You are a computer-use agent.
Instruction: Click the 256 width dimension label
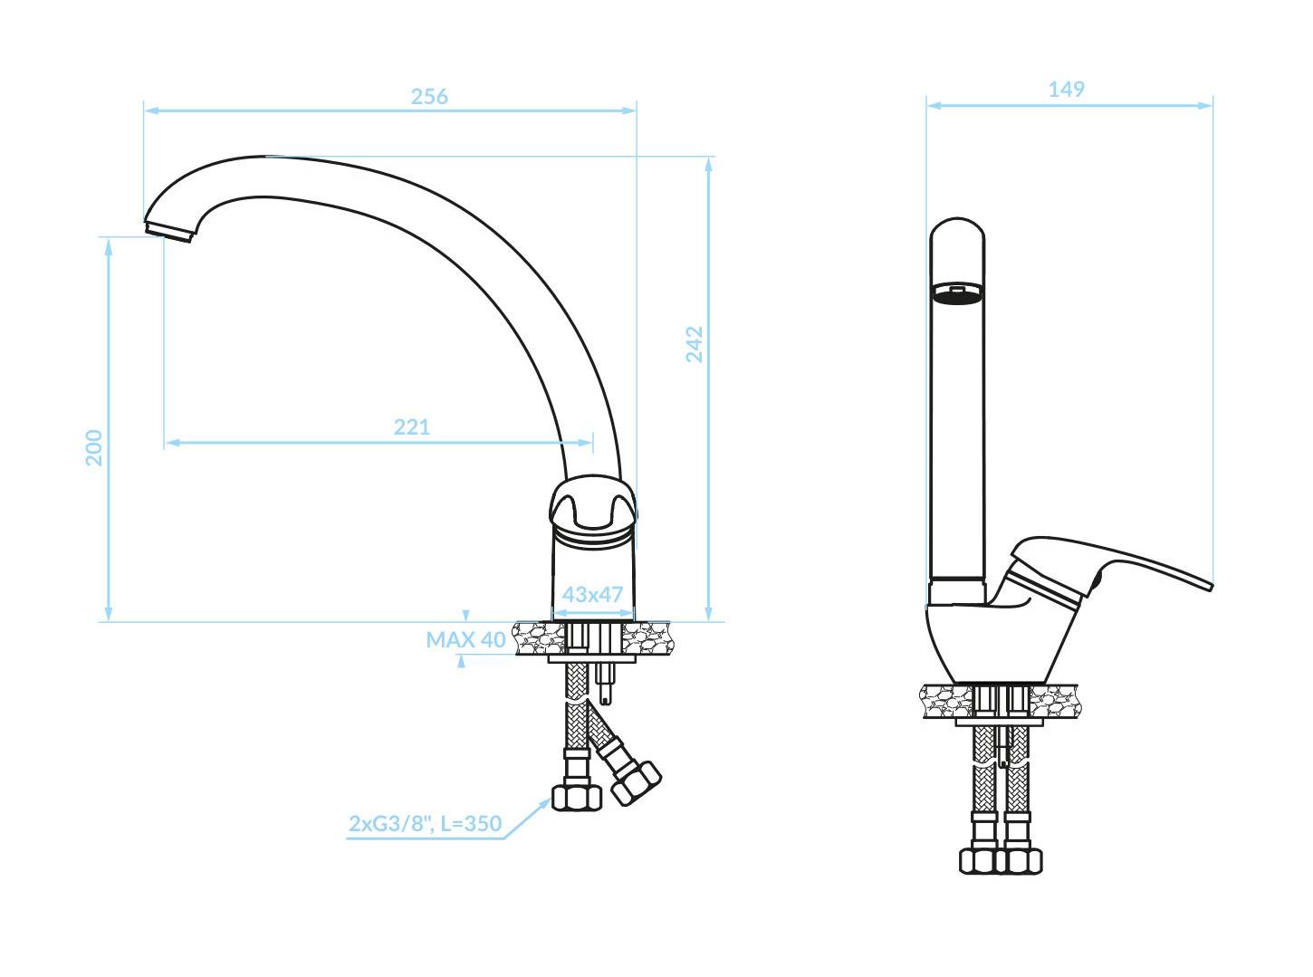(x=429, y=97)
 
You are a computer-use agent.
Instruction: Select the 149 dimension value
(x=1066, y=90)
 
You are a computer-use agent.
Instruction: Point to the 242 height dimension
(x=694, y=344)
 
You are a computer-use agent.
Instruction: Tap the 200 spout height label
(x=94, y=447)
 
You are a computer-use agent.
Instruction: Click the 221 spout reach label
(x=411, y=426)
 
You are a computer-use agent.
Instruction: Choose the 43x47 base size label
(x=592, y=594)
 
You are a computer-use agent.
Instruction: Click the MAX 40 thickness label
(x=465, y=639)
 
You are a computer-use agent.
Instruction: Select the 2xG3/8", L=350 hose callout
(x=425, y=823)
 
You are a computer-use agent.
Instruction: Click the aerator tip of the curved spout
(x=168, y=232)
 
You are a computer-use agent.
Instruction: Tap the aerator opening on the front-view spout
(x=957, y=293)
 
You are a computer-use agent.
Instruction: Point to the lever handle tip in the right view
(x=1210, y=586)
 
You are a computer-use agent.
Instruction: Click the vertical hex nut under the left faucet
(x=577, y=798)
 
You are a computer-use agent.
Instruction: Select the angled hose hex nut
(x=636, y=783)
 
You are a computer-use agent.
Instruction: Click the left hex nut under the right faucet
(x=977, y=861)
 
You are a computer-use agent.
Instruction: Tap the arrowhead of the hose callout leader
(x=544, y=803)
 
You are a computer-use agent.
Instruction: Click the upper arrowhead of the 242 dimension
(x=709, y=165)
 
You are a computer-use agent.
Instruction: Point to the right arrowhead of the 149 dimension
(x=1205, y=106)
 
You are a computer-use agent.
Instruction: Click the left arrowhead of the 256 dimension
(x=152, y=110)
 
